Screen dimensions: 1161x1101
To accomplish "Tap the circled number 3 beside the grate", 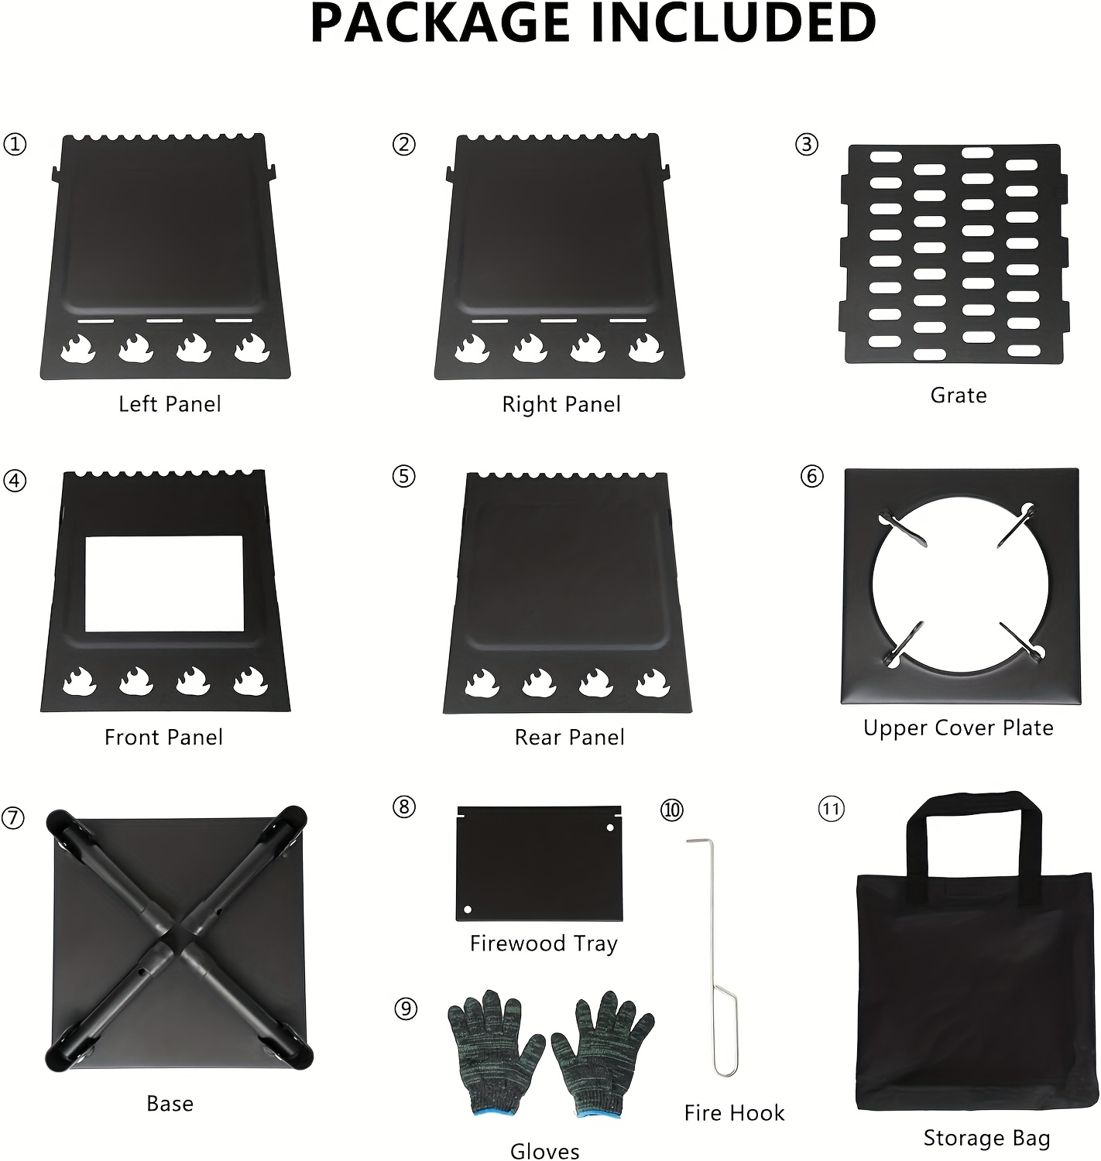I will (x=807, y=145).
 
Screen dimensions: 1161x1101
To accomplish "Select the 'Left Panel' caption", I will (x=170, y=404).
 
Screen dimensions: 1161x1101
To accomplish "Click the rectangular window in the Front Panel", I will (x=163, y=584).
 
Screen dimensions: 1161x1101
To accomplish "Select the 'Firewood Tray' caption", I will (x=544, y=944).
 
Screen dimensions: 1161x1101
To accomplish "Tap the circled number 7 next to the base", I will (x=13, y=818).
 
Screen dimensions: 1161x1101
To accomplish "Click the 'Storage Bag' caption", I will (x=986, y=1138).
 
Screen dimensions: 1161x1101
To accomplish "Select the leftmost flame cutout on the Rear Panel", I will (x=480, y=683).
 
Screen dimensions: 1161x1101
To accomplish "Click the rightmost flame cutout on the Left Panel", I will (x=252, y=348).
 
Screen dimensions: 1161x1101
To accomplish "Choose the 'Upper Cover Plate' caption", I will (x=959, y=728).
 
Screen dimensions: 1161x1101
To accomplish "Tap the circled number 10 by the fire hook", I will (x=671, y=810).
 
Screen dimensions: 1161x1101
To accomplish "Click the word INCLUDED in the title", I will (x=733, y=25).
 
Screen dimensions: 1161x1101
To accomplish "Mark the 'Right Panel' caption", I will (x=561, y=404).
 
